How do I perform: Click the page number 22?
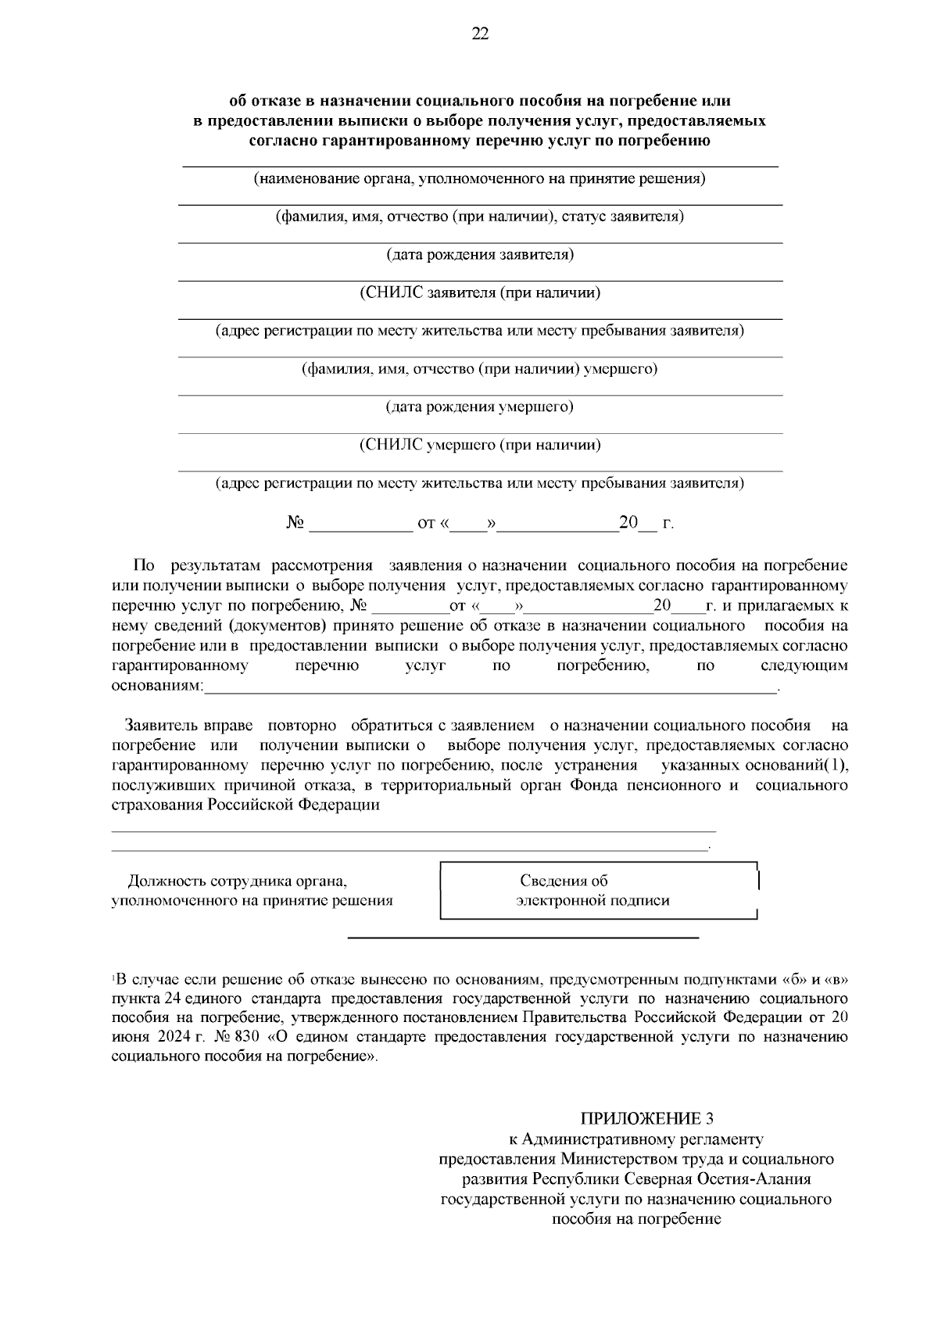point(479,33)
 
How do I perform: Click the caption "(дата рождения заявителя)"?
point(480,255)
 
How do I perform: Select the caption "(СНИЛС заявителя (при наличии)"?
point(480,293)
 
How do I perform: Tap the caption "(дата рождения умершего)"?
point(480,407)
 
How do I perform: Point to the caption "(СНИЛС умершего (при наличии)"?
point(480,446)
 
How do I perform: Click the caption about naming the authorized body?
point(480,179)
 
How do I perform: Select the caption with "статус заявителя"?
point(480,217)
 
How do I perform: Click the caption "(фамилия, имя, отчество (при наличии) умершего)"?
point(480,369)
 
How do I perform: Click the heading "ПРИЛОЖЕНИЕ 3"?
point(646,1117)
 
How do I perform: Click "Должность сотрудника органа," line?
point(237,881)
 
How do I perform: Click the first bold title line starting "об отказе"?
point(480,101)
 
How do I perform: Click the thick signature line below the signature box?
point(522,937)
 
